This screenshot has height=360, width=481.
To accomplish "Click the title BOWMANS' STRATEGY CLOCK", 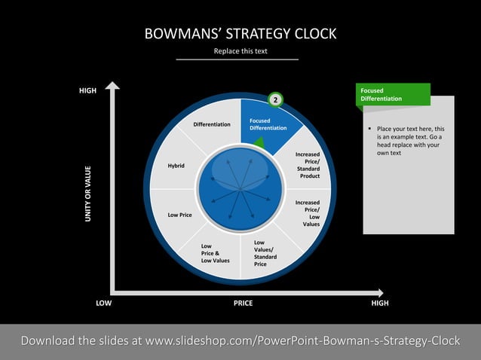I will [240, 34].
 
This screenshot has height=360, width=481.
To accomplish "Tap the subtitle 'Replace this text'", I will [240, 51].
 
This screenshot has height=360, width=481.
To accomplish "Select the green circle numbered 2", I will [276, 99].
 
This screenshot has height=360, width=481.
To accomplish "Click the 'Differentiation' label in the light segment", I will [212, 124].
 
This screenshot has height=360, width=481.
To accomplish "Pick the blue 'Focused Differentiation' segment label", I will [268, 124].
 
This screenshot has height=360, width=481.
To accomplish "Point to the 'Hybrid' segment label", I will [176, 166].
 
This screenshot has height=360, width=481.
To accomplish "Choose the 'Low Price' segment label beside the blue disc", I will [179, 215].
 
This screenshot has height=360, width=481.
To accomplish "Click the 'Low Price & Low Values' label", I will [215, 253].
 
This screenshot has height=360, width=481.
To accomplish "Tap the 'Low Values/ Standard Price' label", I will [265, 253].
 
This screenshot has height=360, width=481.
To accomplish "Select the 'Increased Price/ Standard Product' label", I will [308, 166].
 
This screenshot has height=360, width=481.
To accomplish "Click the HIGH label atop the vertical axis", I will [88, 91].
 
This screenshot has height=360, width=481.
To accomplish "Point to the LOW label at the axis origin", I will [104, 303].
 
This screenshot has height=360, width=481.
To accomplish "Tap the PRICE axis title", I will [243, 303].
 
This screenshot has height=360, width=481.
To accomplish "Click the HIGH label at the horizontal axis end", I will [380, 303].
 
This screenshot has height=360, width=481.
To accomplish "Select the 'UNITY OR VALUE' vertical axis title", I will [88, 194].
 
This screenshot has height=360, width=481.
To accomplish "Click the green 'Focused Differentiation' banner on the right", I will [392, 95].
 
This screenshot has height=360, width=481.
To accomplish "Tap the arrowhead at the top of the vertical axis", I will [112, 85].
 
